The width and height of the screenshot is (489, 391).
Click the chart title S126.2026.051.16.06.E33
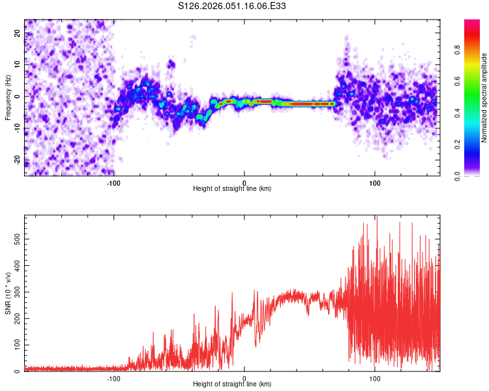pos(232,6)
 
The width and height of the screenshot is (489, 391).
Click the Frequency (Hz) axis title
pos(8,97)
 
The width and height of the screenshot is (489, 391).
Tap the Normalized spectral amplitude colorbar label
pos(484,97)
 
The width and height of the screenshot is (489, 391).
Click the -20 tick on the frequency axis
pos(17,160)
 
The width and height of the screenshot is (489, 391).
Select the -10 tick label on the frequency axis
pos(17,128)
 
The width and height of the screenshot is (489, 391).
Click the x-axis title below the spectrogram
pos(232,188)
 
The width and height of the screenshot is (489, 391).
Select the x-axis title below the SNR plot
pos(232,384)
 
